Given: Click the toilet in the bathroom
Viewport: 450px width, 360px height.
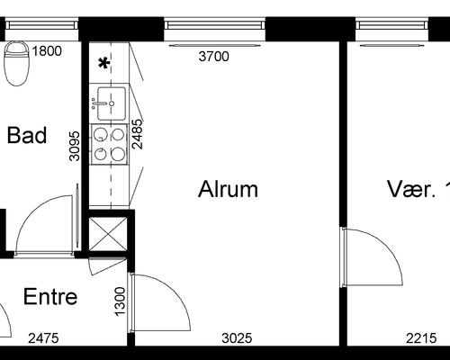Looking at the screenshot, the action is tap(17, 64).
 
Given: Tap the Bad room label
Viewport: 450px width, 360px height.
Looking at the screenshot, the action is tap(27, 135).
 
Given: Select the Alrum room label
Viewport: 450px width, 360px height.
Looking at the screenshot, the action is tap(228, 189).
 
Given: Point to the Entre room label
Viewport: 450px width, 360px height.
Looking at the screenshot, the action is tap(50, 297).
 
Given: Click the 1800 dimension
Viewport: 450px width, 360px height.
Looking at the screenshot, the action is tap(47, 51).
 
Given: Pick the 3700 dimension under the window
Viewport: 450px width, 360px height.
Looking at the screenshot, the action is tap(214, 57).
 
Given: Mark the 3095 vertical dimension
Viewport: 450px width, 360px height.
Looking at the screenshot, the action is tap(75, 146).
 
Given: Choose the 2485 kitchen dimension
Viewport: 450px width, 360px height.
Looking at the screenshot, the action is tap(138, 134).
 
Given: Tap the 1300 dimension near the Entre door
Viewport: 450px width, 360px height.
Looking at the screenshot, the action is tap(120, 301).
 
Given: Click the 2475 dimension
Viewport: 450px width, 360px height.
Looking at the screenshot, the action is tap(43, 338).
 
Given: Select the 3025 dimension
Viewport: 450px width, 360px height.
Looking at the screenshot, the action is tap(237, 338).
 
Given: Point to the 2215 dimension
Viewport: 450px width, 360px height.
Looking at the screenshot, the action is tap(421, 338).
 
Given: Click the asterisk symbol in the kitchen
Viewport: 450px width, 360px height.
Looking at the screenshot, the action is tap(104, 64).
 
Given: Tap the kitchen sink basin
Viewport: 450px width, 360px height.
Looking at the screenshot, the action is tap(111, 103).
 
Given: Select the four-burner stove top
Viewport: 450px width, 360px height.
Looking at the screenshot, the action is tap(109, 145).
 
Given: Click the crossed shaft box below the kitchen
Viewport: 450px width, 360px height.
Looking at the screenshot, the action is tap(108, 234).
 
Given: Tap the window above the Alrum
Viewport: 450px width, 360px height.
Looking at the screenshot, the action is tap(215, 25).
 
